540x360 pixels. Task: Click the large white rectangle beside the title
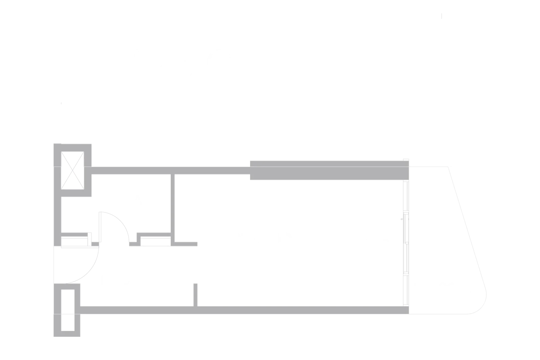pos(376,64)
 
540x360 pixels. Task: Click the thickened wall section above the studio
pos(327,170)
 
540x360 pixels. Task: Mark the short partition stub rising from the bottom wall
pos(195,294)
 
